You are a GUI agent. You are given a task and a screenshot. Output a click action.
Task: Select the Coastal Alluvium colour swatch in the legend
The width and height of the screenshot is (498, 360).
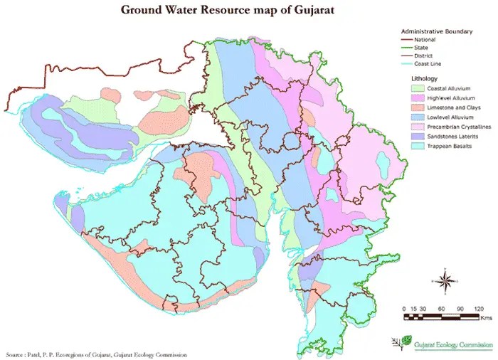pyautogui.click(x=419, y=88)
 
